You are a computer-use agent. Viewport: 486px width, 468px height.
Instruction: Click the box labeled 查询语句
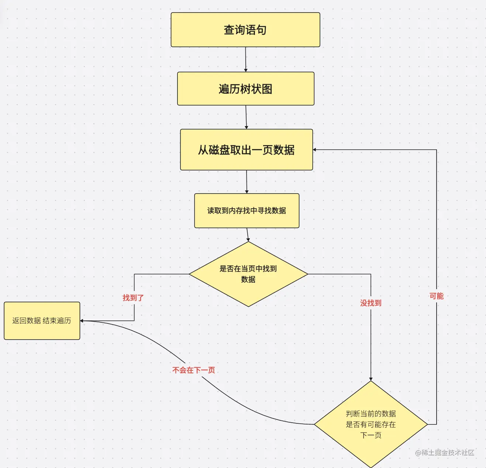(x=245, y=30)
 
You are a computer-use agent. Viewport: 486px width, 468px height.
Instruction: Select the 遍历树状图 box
(x=245, y=89)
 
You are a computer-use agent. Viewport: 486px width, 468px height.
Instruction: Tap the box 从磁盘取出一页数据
(x=246, y=150)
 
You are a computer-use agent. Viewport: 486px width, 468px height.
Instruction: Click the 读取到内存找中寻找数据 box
(x=247, y=211)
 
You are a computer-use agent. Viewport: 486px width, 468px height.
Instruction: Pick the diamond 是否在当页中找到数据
(x=248, y=274)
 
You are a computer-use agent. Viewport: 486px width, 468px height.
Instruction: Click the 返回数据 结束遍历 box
(x=42, y=320)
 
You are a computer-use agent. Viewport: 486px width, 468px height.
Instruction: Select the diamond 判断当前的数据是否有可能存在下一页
(x=370, y=424)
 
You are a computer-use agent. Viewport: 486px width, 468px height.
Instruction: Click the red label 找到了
(x=133, y=298)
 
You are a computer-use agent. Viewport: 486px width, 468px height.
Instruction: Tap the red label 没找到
(x=370, y=303)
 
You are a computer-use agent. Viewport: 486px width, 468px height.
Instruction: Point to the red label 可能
(x=436, y=296)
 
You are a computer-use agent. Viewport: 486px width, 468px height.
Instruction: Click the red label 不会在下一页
(x=193, y=370)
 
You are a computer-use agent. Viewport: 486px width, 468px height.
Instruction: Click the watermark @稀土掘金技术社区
(x=444, y=453)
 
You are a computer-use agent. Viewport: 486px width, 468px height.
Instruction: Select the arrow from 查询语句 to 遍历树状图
(x=245, y=59)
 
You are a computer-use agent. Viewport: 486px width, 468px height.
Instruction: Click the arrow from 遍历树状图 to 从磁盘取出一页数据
(x=246, y=117)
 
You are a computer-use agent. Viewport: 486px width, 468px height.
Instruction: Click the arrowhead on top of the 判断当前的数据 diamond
(x=371, y=379)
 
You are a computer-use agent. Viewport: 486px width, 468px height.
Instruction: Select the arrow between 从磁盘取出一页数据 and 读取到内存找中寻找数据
(x=247, y=181)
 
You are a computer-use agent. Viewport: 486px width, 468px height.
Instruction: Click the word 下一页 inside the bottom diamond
(x=370, y=435)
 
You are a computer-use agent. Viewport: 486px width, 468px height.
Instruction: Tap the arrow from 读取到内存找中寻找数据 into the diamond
(x=248, y=235)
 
